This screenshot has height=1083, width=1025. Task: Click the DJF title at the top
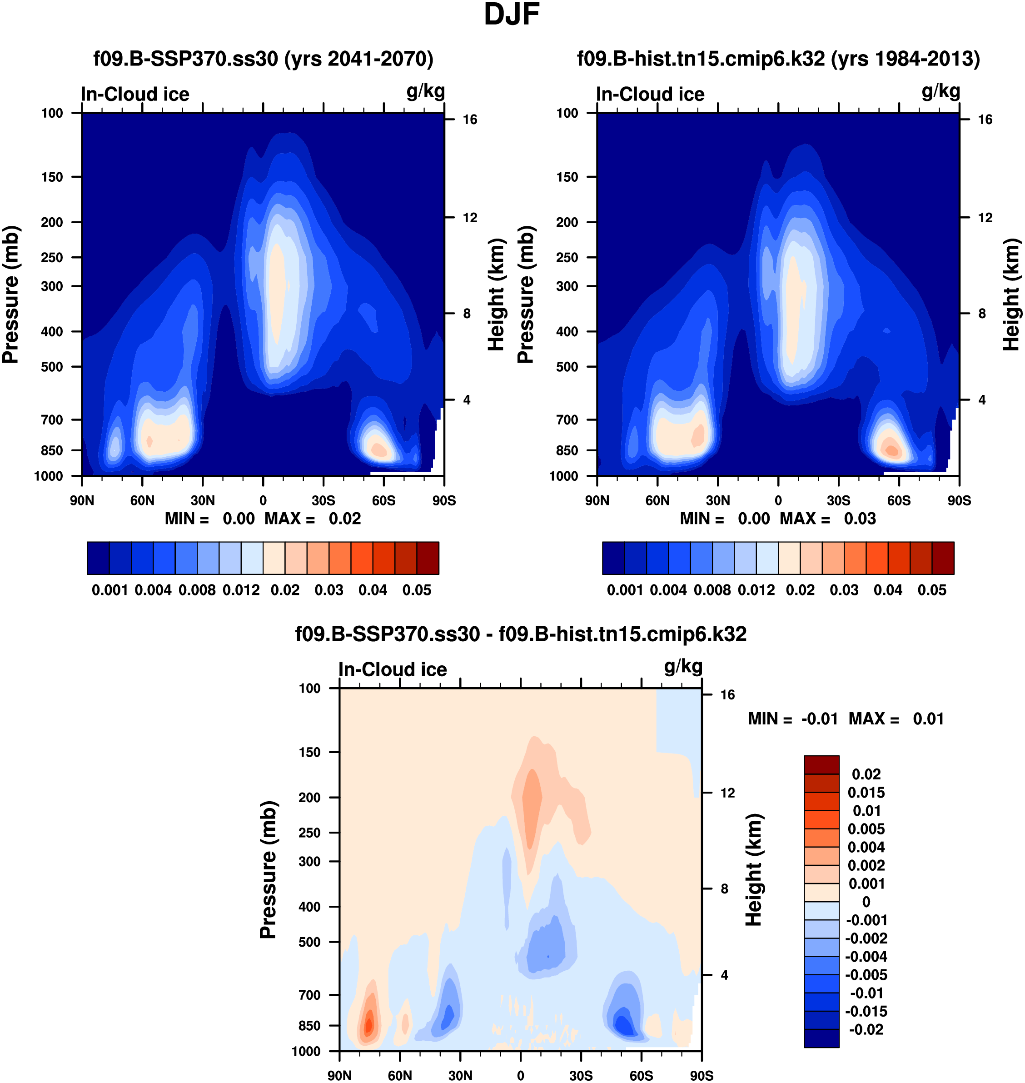(512, 15)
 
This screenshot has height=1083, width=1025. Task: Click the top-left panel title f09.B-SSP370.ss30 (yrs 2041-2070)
(264, 59)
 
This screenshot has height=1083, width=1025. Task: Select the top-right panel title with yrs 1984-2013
(778, 59)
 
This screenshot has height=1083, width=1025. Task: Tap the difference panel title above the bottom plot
(521, 634)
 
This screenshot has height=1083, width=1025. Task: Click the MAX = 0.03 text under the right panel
(828, 519)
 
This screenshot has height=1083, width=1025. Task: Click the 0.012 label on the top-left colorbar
(241, 590)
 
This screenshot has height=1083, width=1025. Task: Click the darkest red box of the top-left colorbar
(428, 558)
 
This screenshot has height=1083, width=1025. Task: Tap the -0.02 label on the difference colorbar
(866, 1030)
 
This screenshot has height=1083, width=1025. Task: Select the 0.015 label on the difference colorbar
(866, 793)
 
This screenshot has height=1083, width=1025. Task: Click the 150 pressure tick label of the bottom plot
(309, 753)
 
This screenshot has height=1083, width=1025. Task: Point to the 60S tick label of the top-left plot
(383, 500)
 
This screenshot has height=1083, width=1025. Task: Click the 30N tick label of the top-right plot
(717, 500)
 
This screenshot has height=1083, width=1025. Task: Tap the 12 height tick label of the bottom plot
(727, 793)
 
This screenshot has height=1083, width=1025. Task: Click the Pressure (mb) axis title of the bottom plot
(268, 870)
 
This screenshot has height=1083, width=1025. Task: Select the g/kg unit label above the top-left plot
(425, 91)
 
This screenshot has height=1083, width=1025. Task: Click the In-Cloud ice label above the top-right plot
(650, 95)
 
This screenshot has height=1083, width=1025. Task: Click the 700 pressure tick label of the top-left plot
(52, 419)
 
